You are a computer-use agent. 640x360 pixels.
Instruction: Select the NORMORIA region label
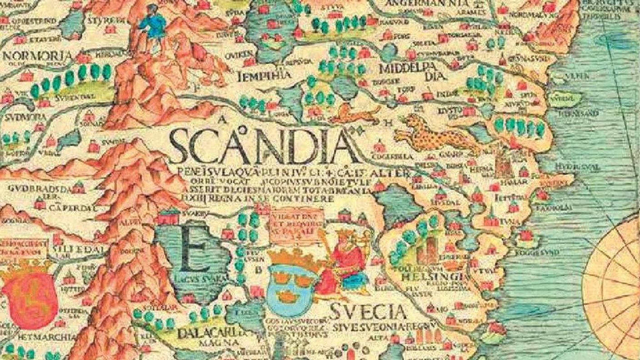coord(37,56)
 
